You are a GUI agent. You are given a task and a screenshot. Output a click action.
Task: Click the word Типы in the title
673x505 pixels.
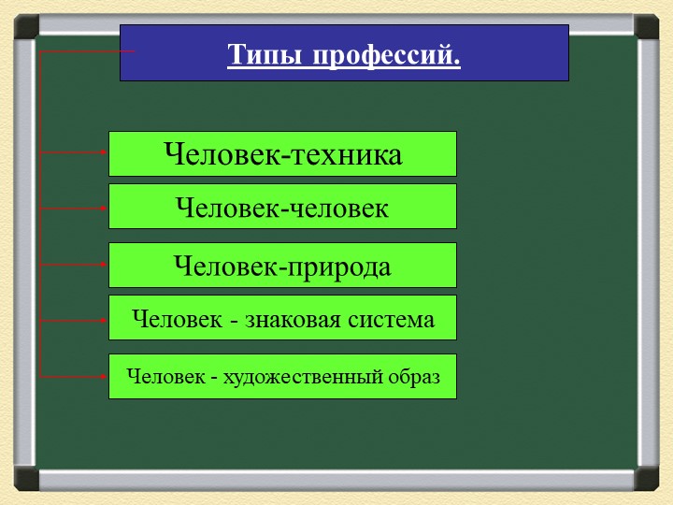pos(265,55)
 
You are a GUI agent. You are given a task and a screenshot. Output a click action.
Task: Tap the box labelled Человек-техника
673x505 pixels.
pos(282,153)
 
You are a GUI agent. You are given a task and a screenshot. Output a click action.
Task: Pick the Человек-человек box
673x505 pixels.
pos(282,206)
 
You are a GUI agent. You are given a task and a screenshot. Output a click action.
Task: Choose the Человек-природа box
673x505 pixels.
pos(282,265)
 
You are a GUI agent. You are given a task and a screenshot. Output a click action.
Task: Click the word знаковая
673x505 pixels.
pos(293,320)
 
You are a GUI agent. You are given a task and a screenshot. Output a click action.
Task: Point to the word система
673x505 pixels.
pos(391,320)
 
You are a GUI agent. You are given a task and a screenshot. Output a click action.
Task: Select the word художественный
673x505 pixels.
pos(303,377)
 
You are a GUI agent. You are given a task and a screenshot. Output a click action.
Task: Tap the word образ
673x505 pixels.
pos(414,377)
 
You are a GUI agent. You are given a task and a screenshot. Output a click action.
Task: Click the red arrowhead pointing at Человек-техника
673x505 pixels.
pos(104,152)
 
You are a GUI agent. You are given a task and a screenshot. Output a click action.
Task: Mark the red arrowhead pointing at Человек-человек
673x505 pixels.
pos(104,209)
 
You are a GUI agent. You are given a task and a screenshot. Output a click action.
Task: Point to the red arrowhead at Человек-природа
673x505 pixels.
pos(104,265)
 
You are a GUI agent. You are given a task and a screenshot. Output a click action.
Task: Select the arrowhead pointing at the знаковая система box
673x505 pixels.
pos(104,321)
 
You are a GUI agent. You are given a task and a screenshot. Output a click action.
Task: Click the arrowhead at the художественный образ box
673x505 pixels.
pos(104,377)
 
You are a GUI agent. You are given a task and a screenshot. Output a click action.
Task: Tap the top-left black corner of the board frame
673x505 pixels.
pos(26,26)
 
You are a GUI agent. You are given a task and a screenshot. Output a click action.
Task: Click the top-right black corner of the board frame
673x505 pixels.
pos(647,26)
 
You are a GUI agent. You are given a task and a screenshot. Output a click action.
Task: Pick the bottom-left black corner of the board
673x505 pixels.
pos(26,479)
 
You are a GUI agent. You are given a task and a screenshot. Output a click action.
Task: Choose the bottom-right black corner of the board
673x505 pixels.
pos(647,479)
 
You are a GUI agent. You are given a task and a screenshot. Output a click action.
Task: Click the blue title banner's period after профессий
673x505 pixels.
pos(456,64)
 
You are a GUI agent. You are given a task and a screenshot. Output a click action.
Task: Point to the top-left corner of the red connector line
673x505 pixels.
pos(40,51)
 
